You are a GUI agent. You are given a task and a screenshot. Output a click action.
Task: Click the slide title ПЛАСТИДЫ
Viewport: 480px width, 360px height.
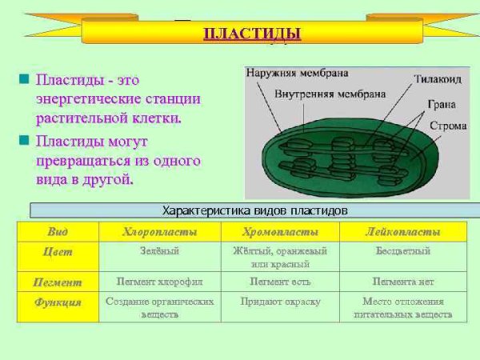click(252, 34)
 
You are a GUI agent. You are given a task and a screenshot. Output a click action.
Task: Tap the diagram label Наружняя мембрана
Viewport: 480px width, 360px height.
click(297, 73)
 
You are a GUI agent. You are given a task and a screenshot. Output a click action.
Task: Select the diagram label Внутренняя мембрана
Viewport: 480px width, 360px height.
click(318, 94)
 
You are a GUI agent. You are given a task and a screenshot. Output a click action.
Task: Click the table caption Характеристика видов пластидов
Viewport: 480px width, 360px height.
click(254, 210)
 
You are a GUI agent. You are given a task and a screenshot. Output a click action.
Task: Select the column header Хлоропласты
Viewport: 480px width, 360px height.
click(159, 231)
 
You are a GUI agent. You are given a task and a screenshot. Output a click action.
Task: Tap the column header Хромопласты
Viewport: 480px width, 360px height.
click(280, 231)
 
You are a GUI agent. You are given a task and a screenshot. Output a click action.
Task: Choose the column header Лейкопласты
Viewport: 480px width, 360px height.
click(402, 231)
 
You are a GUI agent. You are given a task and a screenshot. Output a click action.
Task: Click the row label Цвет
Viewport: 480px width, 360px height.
click(58, 251)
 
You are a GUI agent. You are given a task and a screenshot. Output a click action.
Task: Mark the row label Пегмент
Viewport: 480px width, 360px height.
click(58, 282)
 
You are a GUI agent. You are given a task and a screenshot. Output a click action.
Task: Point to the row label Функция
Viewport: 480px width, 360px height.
click(58, 302)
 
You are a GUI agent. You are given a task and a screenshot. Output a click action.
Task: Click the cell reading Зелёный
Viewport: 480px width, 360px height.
click(159, 251)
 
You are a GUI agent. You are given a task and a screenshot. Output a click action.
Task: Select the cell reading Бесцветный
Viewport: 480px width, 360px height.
click(402, 251)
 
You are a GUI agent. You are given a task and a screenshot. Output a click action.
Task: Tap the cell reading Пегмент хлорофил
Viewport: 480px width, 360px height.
click(159, 282)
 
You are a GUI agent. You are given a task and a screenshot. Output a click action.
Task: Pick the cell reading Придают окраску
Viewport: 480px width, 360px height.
click(280, 302)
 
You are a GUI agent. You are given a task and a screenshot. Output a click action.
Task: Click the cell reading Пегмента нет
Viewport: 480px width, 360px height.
click(402, 282)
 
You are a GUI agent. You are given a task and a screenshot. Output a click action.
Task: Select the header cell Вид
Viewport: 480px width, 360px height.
click(58, 231)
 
